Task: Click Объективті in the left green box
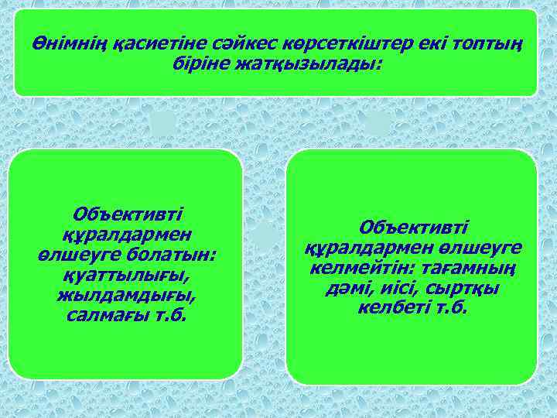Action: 125,214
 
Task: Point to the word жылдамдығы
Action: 126,295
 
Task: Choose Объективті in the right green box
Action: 413,228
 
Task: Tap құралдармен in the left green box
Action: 126,235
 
